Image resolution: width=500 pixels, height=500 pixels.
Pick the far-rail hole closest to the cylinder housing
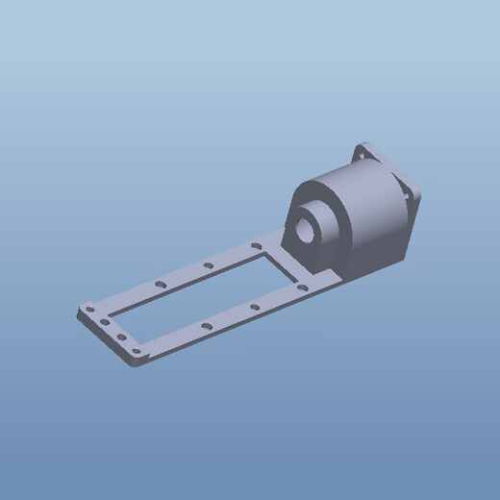tap(257, 246)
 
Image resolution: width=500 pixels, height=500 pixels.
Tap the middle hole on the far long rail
tap(209, 264)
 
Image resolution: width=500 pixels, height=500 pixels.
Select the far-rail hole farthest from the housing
tap(160, 284)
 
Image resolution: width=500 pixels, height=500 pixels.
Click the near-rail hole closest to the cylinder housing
tap(301, 287)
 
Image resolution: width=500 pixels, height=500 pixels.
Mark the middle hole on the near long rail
tap(254, 307)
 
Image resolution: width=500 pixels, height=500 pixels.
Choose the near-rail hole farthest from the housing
tap(206, 327)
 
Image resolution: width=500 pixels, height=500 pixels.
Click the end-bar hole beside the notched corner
tap(90, 310)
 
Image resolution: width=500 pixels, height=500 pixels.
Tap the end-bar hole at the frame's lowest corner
tap(136, 355)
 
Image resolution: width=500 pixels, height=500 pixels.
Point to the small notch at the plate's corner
tap(80, 311)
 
